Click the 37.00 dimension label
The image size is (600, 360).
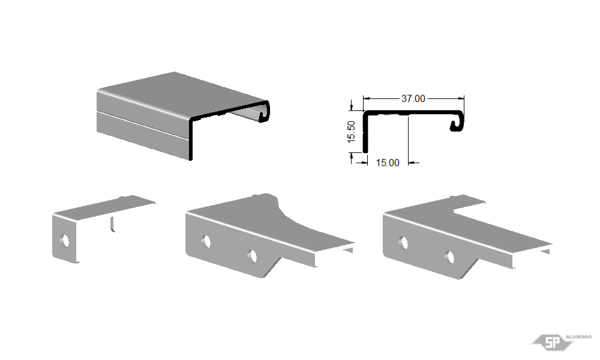point(413,99)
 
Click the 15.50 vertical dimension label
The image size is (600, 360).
point(351,132)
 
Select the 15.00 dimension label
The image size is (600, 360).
point(388,163)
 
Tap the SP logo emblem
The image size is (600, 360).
point(552,341)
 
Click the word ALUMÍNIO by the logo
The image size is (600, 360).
point(578,337)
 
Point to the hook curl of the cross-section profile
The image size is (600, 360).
point(458,122)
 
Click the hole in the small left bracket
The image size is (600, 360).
point(65,241)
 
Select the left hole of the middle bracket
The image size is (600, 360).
point(206,241)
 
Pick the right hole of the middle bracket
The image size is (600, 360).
point(252,256)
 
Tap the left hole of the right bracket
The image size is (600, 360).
point(404,243)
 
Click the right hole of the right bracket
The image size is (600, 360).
point(449,257)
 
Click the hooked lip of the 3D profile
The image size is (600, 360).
point(263,112)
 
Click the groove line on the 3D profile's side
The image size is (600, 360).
point(143,125)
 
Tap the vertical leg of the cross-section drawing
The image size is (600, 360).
point(365,133)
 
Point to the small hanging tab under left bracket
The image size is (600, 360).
point(112,224)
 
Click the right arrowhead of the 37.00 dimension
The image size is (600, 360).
point(461,98)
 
